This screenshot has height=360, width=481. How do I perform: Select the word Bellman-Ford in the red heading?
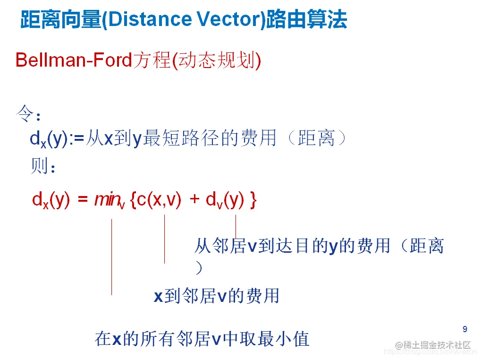(x=73, y=60)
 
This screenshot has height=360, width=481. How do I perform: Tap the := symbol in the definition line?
(x=77, y=138)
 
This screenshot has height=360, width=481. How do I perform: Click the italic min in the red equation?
(x=108, y=200)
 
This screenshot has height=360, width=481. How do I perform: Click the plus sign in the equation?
(x=194, y=200)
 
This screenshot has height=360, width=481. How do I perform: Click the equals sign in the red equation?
(x=83, y=200)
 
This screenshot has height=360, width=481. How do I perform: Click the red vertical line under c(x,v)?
(x=164, y=239)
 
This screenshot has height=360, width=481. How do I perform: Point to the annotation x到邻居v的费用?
(x=217, y=296)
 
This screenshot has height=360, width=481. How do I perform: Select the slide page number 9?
(x=464, y=329)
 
